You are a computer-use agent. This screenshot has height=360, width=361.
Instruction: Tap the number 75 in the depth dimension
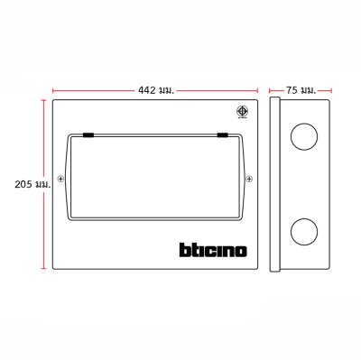point(292,90)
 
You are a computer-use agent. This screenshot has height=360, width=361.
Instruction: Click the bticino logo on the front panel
point(206,247)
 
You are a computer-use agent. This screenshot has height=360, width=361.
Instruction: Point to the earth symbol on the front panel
point(241,113)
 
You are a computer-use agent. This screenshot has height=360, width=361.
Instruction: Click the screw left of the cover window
point(60,178)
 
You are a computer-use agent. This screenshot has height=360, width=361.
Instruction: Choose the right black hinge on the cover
point(221,136)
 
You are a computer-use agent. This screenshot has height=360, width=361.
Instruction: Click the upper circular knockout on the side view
point(305,137)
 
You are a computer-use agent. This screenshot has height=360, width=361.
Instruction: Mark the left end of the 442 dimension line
point(52,90)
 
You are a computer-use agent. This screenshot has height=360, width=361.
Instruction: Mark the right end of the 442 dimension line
point(256,90)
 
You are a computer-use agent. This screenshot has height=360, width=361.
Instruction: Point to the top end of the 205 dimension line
point(43,100)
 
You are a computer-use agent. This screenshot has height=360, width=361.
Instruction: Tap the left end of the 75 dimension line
point(271,90)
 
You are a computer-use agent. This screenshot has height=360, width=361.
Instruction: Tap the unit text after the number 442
point(165,90)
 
